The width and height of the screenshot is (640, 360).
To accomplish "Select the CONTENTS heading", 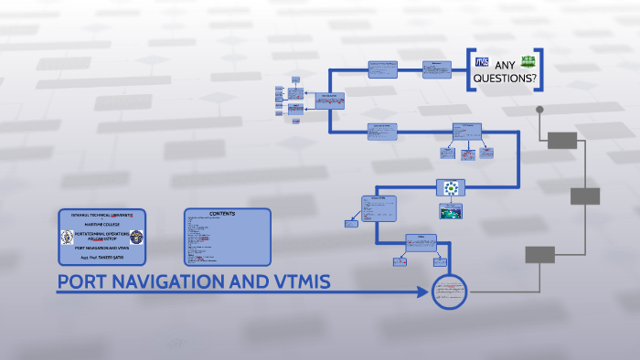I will (222, 213).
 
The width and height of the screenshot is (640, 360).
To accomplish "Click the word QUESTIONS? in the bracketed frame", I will (504, 79).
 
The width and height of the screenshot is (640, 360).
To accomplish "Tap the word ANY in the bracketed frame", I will (506, 65).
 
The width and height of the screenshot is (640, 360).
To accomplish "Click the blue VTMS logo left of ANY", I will (483, 62).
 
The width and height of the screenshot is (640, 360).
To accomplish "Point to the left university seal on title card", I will (66, 238).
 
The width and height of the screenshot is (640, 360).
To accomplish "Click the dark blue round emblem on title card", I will (138, 238).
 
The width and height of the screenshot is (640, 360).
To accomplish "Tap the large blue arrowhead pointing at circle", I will (421, 292).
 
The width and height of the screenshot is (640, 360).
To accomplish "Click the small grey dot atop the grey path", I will (539, 110).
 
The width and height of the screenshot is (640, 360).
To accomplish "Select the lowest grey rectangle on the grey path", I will (540, 255).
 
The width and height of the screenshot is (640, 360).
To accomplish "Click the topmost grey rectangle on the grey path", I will (562, 140).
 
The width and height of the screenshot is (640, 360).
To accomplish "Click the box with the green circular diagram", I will (451, 188).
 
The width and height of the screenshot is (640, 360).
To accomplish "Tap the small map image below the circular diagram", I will (451, 211).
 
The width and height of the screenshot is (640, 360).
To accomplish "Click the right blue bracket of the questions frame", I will (540, 69).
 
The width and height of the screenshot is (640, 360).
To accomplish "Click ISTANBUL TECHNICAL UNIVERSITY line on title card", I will (101, 214).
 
